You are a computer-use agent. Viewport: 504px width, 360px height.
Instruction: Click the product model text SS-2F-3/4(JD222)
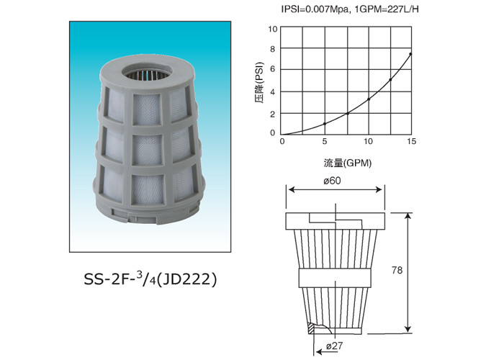tap(150, 278)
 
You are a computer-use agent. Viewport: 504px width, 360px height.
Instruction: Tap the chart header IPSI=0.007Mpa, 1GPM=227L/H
tap(351, 9)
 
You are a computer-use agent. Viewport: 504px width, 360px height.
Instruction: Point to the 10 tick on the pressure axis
tap(273, 29)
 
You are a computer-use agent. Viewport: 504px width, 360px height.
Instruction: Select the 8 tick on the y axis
tap(273, 50)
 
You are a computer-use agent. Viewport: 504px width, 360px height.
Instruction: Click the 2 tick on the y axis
tap(273, 114)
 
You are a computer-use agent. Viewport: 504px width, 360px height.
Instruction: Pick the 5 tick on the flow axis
tap(325, 142)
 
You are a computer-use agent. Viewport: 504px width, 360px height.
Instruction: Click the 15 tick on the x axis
tap(411, 142)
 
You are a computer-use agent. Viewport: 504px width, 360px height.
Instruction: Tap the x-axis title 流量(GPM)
tap(347, 163)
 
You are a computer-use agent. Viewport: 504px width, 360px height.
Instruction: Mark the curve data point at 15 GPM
tap(411, 54)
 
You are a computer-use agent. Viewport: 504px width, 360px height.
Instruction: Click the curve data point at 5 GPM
tap(325, 123)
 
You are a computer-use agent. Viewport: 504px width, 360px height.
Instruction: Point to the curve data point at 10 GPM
tap(368, 99)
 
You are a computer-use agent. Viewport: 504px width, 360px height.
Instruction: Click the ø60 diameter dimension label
tap(332, 181)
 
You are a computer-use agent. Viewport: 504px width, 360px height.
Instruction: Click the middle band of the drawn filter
tap(336, 276)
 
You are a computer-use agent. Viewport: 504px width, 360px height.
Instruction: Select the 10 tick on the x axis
tap(368, 142)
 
